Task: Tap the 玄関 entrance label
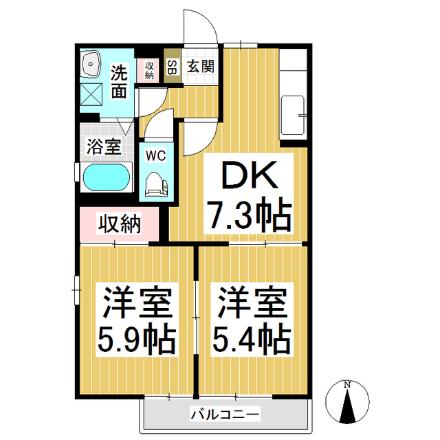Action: pos(200,67)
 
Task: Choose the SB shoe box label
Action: pos(172,67)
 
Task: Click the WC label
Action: pos(155,156)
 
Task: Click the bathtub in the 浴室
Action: pos(107,178)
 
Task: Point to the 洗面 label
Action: pos(120,80)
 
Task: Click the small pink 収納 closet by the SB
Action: pos(148,69)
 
